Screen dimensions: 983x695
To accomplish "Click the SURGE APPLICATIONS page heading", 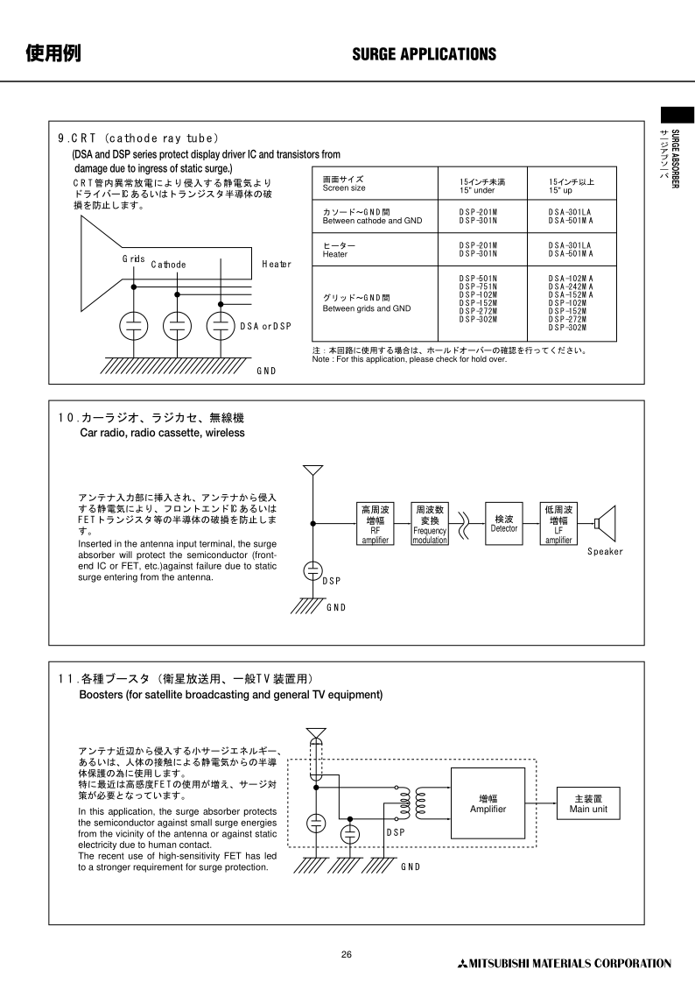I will pyautogui.click(x=424, y=54).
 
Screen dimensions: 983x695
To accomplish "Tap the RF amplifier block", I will pyautogui.click(x=376, y=524).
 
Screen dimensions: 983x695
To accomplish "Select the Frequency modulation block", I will pyautogui.click(x=430, y=524).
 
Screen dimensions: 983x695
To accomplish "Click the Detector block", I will pyautogui.click(x=503, y=524).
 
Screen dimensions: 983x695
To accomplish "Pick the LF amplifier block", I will pyautogui.click(x=558, y=524).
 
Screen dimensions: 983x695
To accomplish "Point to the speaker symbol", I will pyautogui.click(x=605, y=524).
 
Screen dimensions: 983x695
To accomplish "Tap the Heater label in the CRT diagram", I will pyautogui.click(x=277, y=264).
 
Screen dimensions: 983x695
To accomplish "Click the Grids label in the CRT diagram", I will pyautogui.click(x=133, y=259).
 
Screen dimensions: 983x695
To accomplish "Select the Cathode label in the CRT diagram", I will pyautogui.click(x=168, y=265).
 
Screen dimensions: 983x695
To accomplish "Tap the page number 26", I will pyautogui.click(x=347, y=955).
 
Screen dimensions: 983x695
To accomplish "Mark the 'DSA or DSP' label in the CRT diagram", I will pyautogui.click(x=265, y=326).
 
